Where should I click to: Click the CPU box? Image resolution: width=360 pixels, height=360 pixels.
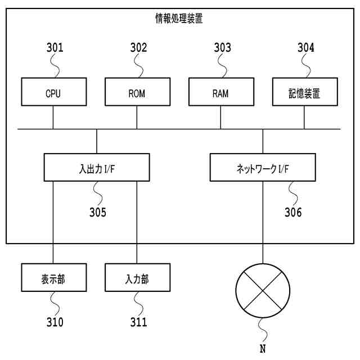point(53,92)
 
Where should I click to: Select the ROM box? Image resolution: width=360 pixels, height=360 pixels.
point(137,92)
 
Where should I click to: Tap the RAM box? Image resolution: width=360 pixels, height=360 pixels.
point(220,92)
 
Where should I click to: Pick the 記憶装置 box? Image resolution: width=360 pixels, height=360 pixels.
point(304,92)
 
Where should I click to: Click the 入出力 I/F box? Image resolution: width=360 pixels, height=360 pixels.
point(97,167)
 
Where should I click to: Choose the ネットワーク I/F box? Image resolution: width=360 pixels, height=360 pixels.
point(263,167)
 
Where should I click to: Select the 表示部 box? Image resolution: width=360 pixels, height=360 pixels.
point(53,278)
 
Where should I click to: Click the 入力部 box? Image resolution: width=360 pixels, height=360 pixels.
point(137,278)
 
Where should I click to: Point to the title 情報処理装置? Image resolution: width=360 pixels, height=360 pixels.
point(179,19)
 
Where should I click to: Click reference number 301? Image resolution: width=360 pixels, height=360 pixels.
point(55,48)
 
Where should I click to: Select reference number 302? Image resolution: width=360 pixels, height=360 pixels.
point(138,48)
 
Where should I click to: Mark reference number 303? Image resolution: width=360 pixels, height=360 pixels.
point(222,48)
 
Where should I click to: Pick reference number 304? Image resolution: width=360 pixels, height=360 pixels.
point(306,48)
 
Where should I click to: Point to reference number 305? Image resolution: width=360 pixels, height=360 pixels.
point(97,213)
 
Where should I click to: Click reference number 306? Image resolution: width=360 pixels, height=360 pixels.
point(292,213)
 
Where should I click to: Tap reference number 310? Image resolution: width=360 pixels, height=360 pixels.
point(55,322)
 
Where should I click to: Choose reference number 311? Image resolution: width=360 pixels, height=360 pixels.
point(138,322)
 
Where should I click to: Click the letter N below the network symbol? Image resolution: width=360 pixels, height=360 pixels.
point(262,348)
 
